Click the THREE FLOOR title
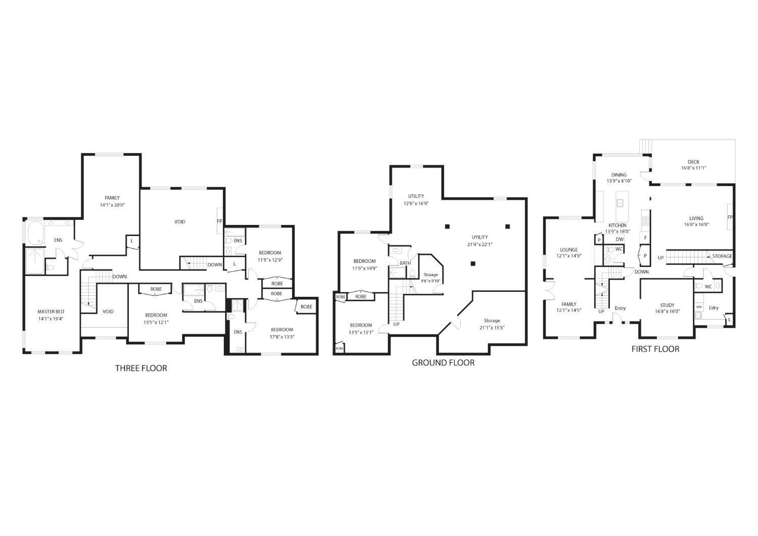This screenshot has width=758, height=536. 141,368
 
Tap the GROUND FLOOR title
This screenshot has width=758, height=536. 443,363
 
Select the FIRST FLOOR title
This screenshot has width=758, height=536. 655,349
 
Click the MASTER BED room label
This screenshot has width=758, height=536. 51,311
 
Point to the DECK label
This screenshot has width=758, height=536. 693,162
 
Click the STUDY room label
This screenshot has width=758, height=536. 667,305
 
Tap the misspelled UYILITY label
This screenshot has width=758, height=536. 480,237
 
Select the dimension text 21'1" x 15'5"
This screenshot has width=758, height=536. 492,327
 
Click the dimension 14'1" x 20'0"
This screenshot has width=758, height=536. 112,205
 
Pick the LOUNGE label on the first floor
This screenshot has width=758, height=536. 569,250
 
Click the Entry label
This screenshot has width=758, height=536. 620,308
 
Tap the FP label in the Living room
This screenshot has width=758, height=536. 730,217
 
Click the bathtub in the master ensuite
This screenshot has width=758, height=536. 35,234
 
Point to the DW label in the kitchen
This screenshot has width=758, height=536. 620,239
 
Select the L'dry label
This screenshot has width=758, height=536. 714,307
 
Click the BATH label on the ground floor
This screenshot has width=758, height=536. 405,263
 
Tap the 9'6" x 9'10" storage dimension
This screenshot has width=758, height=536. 431,281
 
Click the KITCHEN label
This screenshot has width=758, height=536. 618,226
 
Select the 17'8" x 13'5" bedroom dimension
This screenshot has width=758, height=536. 282,336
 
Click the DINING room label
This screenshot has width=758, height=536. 619,175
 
